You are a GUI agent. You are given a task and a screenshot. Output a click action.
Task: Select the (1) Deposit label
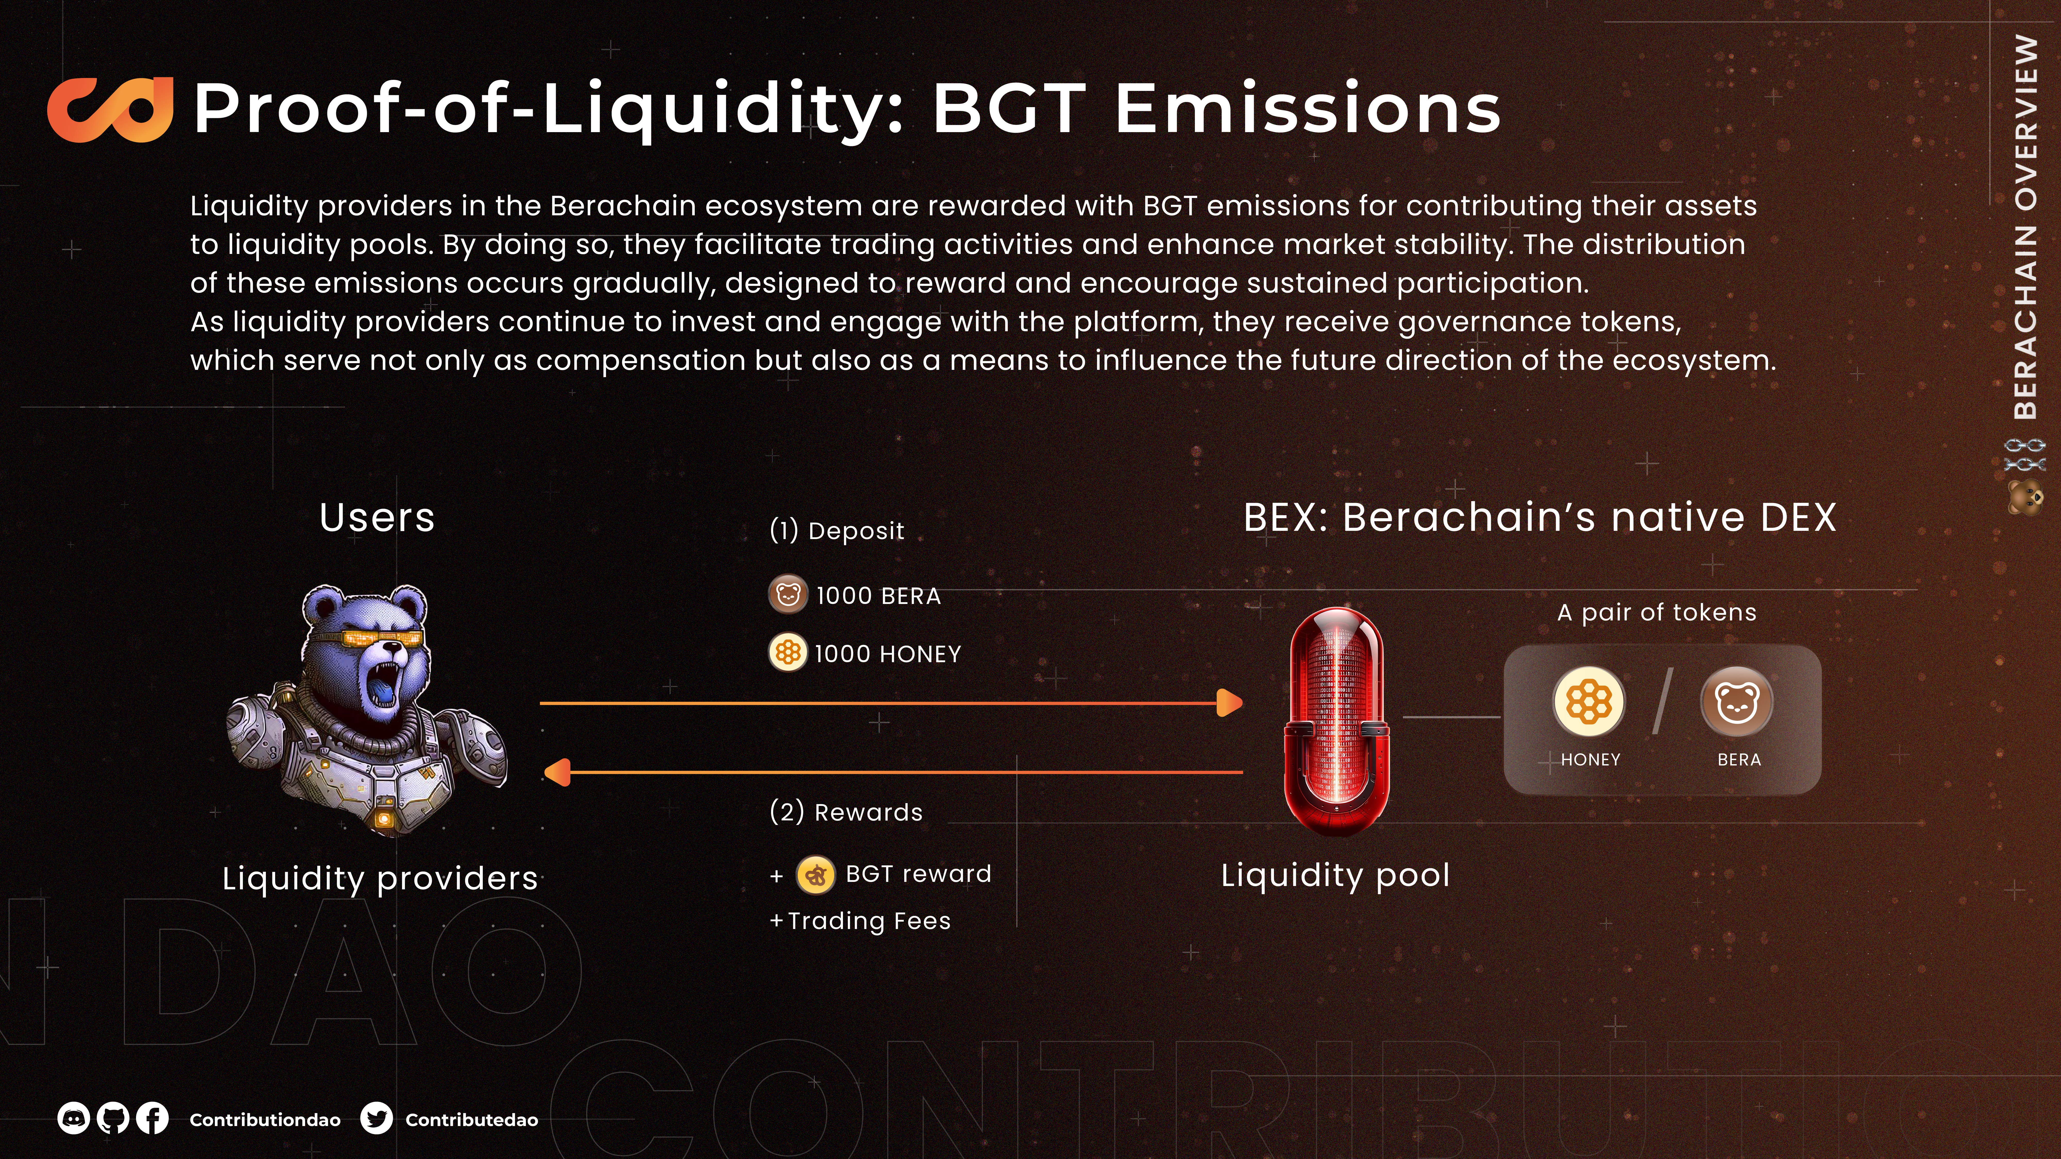tap(837, 530)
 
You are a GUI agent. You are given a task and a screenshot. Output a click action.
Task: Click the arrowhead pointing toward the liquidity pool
tap(1230, 703)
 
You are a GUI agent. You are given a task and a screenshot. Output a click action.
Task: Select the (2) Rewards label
tap(846, 812)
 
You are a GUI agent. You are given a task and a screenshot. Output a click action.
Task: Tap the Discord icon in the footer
tap(73, 1118)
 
